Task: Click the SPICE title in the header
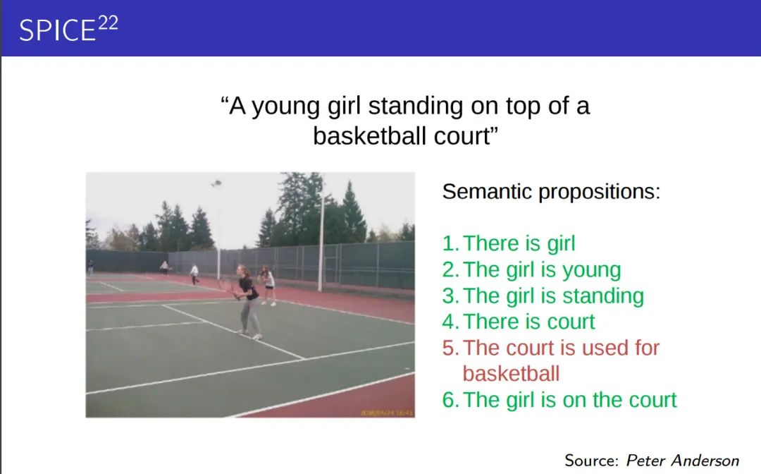pyautogui.click(x=57, y=30)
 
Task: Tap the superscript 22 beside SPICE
pyautogui.click(x=109, y=23)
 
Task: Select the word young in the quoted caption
pyautogui.click(x=285, y=107)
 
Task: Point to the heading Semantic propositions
pyautogui.click(x=551, y=191)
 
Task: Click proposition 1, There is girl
pyautogui.click(x=509, y=243)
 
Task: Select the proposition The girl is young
pyautogui.click(x=531, y=269)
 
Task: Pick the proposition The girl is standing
pyautogui.click(x=543, y=296)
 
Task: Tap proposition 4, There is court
pyautogui.click(x=519, y=322)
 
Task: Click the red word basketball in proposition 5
pyautogui.click(x=511, y=373)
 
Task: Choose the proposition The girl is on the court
pyautogui.click(x=559, y=400)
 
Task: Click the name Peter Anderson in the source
pyautogui.click(x=683, y=460)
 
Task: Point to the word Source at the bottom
pyautogui.click(x=592, y=460)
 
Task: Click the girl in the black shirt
pyautogui.click(x=248, y=302)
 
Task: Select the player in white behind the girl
pyautogui.click(x=268, y=285)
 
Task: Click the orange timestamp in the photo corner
pyautogui.click(x=387, y=413)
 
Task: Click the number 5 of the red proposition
pyautogui.click(x=450, y=348)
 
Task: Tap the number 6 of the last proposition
pyautogui.click(x=450, y=400)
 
